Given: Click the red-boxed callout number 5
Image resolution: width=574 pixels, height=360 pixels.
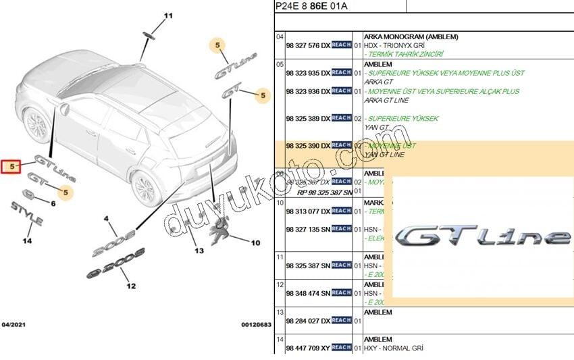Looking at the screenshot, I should pos(11,165).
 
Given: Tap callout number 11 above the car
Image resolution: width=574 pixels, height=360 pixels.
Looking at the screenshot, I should pos(168,15).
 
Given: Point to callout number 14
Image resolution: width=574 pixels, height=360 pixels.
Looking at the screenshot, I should pos(27,240).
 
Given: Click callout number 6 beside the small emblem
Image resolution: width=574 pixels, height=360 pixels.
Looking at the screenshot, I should pos(53,203).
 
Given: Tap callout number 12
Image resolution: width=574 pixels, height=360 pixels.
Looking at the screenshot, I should pos(130,286).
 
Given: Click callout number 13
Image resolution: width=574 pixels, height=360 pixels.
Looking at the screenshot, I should pos(199,251).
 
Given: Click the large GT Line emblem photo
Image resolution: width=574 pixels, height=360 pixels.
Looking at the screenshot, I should pos(483,236).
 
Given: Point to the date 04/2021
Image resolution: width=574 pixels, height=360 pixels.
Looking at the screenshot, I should pos(15,325).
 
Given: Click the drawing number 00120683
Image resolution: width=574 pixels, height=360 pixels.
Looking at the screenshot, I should pos(256,325).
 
